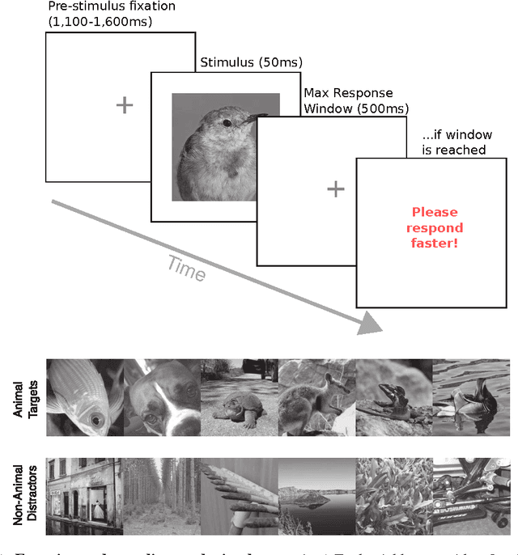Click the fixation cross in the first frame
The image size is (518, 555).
[124, 104]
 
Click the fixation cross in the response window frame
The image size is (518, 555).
[335, 189]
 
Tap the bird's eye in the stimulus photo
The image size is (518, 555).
[226, 122]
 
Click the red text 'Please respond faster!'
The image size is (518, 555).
[435, 227]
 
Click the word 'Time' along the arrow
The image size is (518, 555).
[186, 267]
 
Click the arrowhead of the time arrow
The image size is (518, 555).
[369, 324]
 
